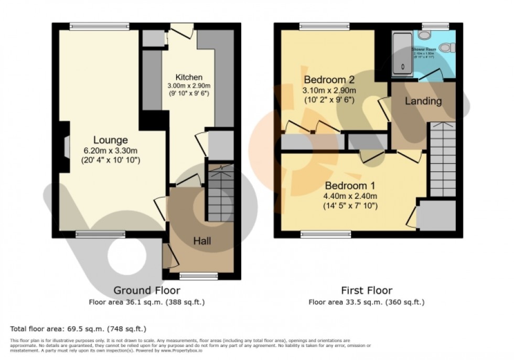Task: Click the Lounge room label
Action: pos(110,140)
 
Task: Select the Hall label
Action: pos(202,241)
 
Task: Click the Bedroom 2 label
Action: pos(329,80)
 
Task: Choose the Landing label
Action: pos(423,101)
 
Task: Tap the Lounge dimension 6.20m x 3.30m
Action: pos(110,150)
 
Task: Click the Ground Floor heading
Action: pos(147,290)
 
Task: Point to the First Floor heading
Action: pos(366,290)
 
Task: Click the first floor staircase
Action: pos(442,157)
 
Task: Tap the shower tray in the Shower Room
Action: pos(403,52)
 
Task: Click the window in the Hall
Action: pos(198,275)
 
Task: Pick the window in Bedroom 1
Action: pos(333,235)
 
